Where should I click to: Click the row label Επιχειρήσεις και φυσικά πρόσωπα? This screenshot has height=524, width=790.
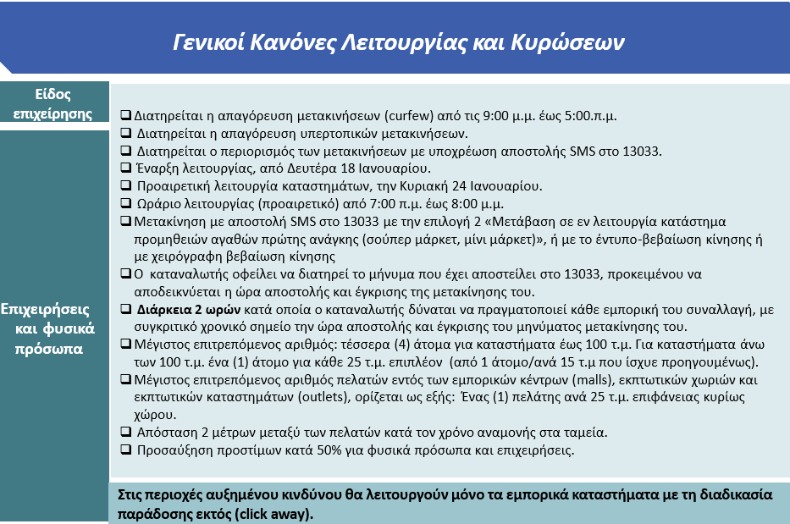(54, 327)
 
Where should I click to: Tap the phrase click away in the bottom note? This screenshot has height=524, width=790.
(282, 513)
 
